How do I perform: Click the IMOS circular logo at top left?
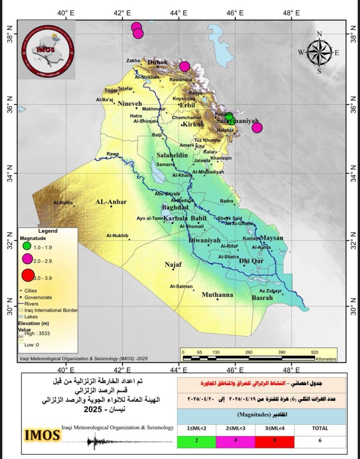tap(48, 50)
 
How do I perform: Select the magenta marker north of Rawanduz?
tap(185, 67)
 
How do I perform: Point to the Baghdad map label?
tap(175, 208)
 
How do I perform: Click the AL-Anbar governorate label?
tap(111, 202)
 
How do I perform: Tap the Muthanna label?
tap(217, 295)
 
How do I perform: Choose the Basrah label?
tap(262, 298)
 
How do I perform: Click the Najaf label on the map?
tap(173, 264)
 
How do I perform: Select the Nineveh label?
tap(130, 103)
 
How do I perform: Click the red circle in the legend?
tap(27, 275)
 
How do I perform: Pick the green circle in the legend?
tap(27, 246)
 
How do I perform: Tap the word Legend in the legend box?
tap(48, 231)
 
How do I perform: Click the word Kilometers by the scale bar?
tap(326, 359)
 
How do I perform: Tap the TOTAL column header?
tap(320, 428)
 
